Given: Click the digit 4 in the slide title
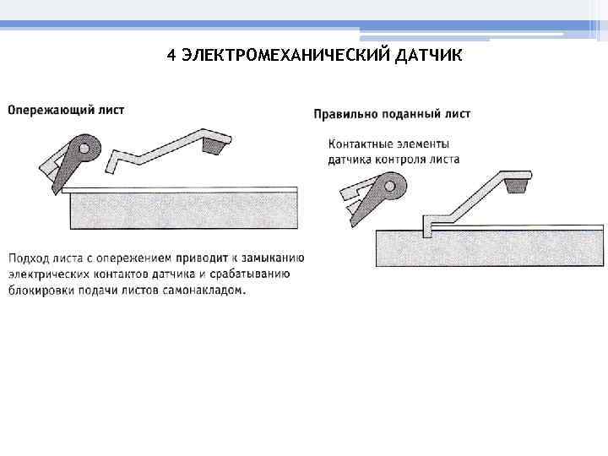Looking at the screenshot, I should pyautogui.click(x=171, y=56).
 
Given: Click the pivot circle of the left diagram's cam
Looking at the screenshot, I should pyautogui.click(x=85, y=149).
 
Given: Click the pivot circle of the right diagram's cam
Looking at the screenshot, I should pyautogui.click(x=390, y=185).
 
